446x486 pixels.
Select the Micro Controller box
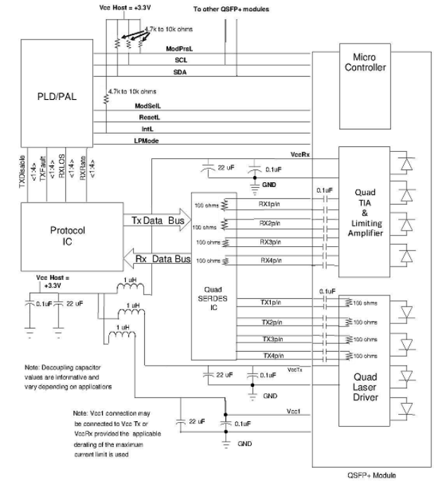(x=364, y=64)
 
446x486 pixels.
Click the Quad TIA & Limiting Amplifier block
(x=364, y=211)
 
